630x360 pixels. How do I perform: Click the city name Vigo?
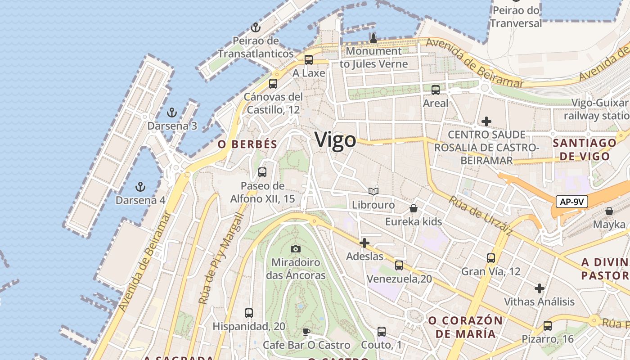tap(335, 140)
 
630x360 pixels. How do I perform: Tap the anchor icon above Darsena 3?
tap(171, 112)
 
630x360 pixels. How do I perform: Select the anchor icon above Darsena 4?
tap(140, 186)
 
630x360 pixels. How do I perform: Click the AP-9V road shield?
tap(571, 202)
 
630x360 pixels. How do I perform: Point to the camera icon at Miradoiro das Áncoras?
tap(296, 249)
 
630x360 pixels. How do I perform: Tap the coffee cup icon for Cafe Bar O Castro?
tap(306, 332)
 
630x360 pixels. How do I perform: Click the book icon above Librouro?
tap(373, 192)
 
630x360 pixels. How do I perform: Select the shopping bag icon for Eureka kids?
tap(414, 208)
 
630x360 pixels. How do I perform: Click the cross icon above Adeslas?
tap(364, 243)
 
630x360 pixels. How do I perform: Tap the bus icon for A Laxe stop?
tap(309, 59)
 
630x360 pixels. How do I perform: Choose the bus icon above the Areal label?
tap(436, 90)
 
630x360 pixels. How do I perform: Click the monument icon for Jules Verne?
tap(373, 38)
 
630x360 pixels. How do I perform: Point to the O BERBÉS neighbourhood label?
tap(247, 144)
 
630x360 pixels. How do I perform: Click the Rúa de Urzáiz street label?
tap(481, 216)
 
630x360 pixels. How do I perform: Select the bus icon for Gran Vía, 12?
tap(491, 258)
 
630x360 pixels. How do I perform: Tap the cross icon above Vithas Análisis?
tap(540, 288)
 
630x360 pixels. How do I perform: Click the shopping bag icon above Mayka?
tap(609, 211)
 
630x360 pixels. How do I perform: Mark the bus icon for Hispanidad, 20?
tap(249, 313)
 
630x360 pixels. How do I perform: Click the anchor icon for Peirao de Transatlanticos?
tap(256, 27)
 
